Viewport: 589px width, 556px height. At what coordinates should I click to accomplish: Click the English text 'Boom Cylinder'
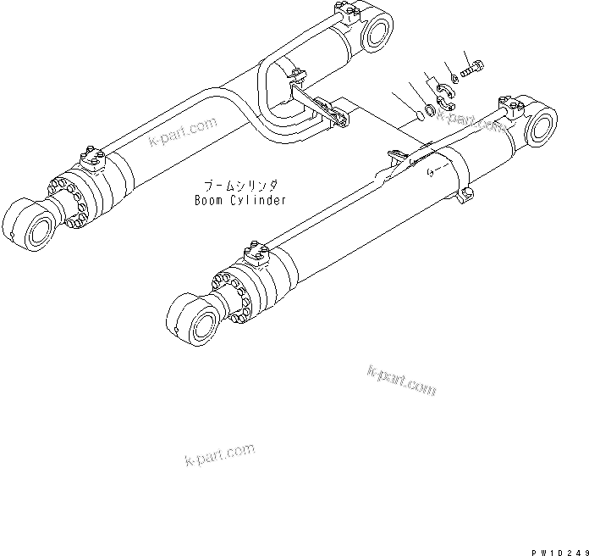tap(239, 201)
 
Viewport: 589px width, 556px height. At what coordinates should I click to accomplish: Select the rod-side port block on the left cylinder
tap(92, 157)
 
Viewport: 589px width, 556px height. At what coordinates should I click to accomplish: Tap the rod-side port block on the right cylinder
tap(255, 252)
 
